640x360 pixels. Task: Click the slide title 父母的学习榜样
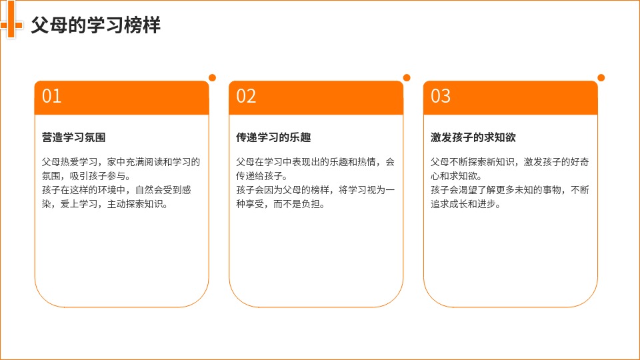point(95,25)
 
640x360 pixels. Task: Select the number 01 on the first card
point(51,96)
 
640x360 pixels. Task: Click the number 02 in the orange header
point(246,96)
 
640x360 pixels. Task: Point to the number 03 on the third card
point(441,96)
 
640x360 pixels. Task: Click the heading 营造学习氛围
point(73,137)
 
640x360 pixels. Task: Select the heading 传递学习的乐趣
point(273,137)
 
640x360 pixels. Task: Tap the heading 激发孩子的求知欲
point(473,137)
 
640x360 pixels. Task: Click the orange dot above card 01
point(212,77)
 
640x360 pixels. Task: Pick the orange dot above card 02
point(407,77)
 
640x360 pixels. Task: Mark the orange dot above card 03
point(601,77)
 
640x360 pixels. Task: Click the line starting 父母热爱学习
point(121,162)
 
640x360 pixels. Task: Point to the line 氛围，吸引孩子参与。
point(86,176)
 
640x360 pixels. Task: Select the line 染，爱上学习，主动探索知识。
point(105,204)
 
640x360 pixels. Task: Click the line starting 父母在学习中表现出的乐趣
point(315,162)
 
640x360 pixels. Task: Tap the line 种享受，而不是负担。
point(281,204)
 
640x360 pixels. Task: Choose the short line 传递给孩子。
point(261,176)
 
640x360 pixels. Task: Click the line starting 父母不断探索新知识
point(510,162)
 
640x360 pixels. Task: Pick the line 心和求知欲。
point(456,176)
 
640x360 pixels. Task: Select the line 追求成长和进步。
point(466,204)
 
